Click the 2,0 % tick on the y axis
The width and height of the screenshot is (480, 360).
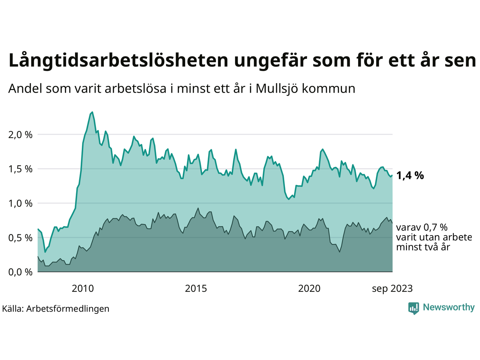point(20,135)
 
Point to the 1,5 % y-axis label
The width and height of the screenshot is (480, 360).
point(20,169)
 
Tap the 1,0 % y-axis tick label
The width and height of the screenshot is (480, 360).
point(20,204)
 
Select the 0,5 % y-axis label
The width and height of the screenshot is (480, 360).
point(20,238)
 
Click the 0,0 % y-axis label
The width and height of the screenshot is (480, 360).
point(20,272)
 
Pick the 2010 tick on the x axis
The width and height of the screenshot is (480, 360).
point(83,289)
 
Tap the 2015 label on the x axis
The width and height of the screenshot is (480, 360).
point(196,289)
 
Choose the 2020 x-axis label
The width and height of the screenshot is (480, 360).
point(309,289)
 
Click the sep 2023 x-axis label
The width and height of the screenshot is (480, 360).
point(392,289)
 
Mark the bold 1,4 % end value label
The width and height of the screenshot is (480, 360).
point(410,175)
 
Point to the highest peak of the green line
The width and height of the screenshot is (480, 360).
point(92,112)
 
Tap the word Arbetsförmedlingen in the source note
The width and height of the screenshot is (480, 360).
point(68,309)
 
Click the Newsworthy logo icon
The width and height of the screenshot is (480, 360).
point(414,308)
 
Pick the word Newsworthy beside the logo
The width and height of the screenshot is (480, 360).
point(449,307)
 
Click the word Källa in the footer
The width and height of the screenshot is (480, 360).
point(12,309)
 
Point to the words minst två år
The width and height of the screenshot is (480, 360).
point(423,247)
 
